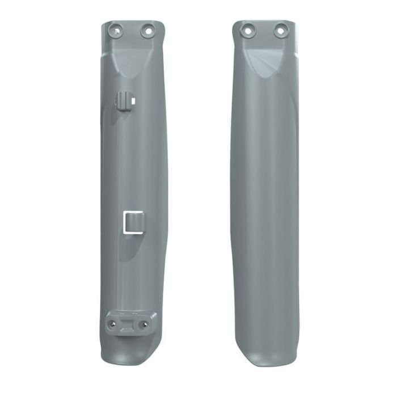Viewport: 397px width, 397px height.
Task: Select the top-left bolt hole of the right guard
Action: point(247,28)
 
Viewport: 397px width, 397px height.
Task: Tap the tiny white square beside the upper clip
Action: point(133,100)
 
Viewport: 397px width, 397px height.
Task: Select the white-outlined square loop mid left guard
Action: point(132,222)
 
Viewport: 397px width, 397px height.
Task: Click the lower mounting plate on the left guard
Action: point(129,322)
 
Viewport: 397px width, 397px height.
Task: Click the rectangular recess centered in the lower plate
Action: point(129,324)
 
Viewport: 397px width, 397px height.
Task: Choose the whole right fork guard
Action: point(264,193)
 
